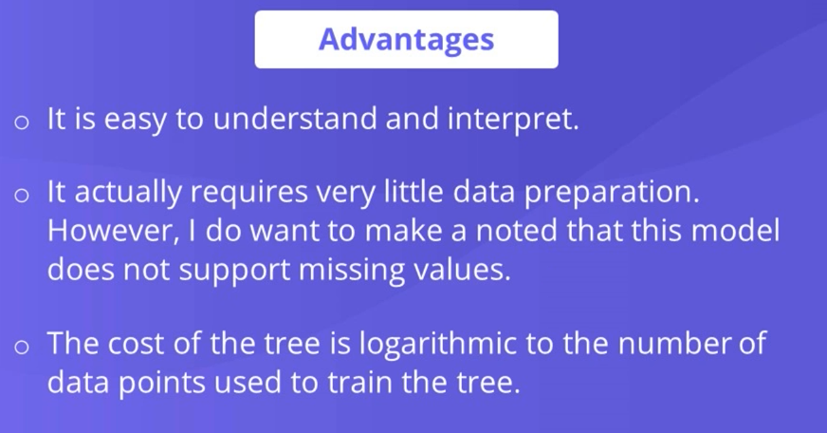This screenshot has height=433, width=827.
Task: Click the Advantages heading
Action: point(406,40)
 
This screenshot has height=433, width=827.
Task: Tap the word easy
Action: point(134,121)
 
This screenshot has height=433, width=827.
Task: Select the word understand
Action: point(295,118)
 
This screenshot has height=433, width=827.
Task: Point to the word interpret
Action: point(513,120)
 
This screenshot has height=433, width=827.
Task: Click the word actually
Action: point(128,192)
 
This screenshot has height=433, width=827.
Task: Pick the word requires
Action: point(248,194)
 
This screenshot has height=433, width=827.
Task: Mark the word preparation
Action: point(612,194)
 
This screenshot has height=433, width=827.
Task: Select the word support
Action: point(234,271)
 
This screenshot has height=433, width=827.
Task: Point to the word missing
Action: point(351,271)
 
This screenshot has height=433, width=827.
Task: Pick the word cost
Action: point(136,344)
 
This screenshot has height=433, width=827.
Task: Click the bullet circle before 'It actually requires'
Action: point(22,196)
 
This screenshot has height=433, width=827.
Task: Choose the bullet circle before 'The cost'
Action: point(22,347)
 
